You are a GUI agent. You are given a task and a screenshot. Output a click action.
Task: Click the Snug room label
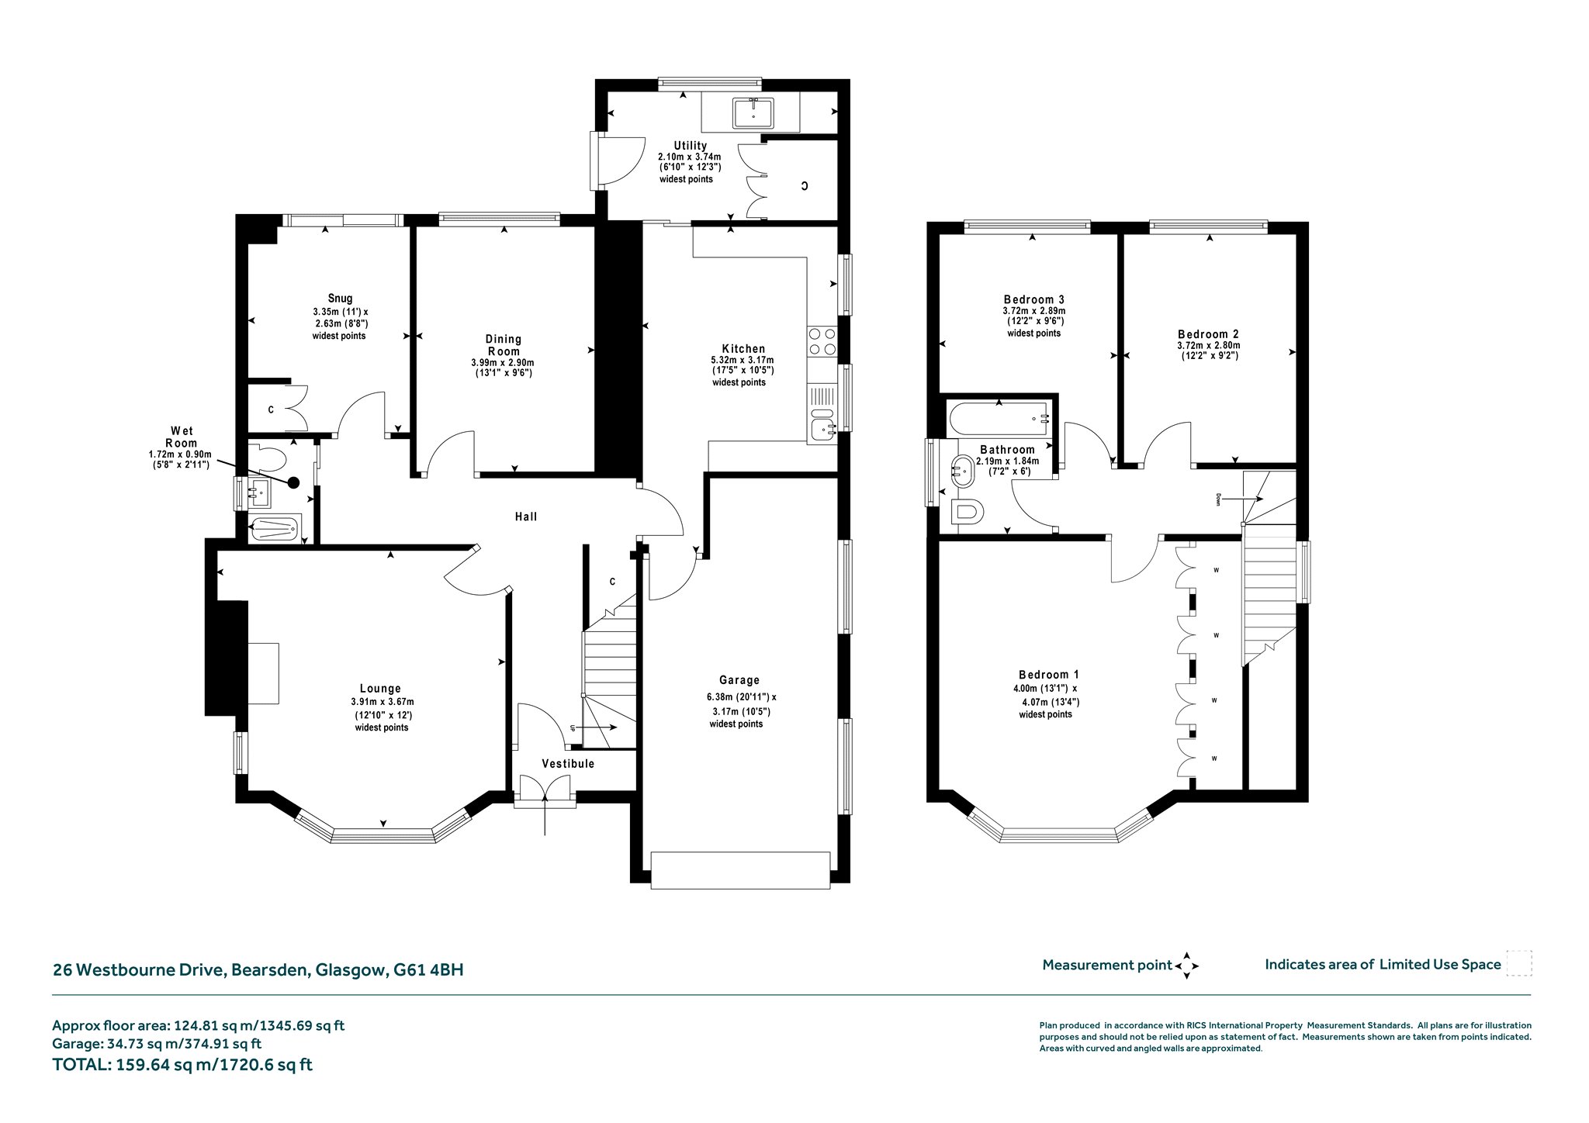tap(340, 299)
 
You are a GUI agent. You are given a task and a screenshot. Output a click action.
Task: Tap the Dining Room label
tap(504, 345)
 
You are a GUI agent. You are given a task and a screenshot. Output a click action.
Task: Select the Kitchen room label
tap(743, 349)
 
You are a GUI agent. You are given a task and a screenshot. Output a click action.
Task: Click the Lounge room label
tap(380, 689)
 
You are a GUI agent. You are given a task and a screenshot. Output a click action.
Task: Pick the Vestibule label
tap(568, 764)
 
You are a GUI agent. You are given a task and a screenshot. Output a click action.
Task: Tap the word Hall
tap(526, 517)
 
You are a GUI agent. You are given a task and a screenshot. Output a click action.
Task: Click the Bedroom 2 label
tap(1208, 335)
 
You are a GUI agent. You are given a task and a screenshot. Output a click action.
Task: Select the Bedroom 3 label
tap(1033, 299)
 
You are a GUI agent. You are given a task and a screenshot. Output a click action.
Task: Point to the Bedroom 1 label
tap(1048, 675)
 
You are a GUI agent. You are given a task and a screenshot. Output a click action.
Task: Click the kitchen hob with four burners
tap(822, 342)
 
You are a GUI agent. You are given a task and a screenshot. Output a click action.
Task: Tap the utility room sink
tap(753, 113)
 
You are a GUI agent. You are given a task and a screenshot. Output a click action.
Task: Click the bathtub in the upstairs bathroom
tap(999, 419)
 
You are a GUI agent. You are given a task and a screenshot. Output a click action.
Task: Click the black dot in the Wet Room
tap(293, 482)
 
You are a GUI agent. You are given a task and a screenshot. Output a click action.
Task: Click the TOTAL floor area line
tap(182, 1065)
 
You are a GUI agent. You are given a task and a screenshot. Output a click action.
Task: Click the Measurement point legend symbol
tap(1186, 966)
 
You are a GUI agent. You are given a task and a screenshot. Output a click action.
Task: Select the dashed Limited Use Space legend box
tap(1518, 964)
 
